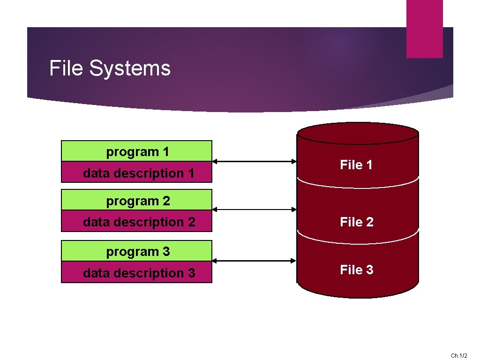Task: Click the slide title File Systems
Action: tap(110, 68)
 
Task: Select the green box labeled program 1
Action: tap(137, 151)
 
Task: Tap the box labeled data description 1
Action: tap(137, 172)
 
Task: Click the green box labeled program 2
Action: tap(137, 200)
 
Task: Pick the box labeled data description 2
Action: tap(137, 221)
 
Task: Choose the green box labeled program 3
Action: tap(137, 251)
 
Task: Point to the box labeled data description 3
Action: tap(137, 272)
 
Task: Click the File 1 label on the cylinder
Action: tap(356, 165)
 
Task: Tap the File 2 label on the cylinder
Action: tap(356, 222)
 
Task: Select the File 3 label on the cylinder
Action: tap(356, 270)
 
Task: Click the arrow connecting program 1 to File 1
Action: tap(255, 162)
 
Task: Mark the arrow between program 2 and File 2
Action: tap(255, 210)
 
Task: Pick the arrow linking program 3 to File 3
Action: tap(255, 261)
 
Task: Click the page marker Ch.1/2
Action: tap(459, 356)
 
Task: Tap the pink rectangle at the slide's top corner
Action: tap(424, 29)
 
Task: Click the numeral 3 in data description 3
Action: tap(191, 272)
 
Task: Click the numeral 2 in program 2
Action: tap(166, 201)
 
